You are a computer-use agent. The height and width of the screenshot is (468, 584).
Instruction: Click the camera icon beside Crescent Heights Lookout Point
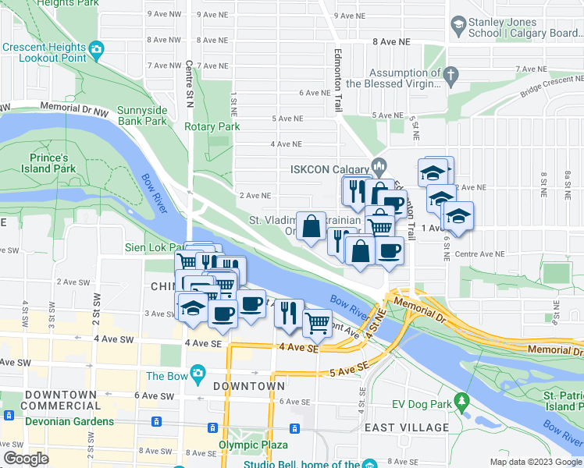coord(97,52)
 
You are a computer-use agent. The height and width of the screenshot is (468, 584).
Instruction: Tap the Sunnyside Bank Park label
coord(142,115)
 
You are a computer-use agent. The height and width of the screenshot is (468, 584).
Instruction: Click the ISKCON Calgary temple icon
coord(379,165)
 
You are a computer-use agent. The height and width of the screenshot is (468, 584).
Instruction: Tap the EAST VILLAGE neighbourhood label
coord(407,427)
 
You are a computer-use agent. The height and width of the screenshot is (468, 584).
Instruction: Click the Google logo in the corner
coord(26,459)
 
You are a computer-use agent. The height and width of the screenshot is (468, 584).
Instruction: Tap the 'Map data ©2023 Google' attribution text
coord(535,462)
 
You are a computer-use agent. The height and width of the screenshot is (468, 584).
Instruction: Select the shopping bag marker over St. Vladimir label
coord(311,226)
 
